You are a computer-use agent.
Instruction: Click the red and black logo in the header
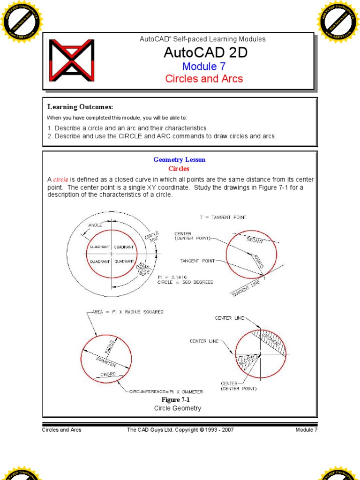tap(72, 60)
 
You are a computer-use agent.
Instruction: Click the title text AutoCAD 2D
tap(205, 53)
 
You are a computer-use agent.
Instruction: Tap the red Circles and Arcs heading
tap(204, 78)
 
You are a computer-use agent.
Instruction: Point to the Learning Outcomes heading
tap(80, 107)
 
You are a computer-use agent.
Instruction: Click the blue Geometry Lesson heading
tap(179, 160)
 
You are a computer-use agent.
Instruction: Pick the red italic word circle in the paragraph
tap(61, 180)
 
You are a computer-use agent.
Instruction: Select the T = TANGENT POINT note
tap(223, 217)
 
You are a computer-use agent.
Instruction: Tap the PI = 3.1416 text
tap(172, 277)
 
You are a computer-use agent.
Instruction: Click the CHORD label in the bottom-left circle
tap(108, 375)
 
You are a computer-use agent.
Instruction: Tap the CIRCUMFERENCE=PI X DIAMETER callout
tap(166, 391)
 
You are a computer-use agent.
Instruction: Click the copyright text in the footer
tap(180, 430)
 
